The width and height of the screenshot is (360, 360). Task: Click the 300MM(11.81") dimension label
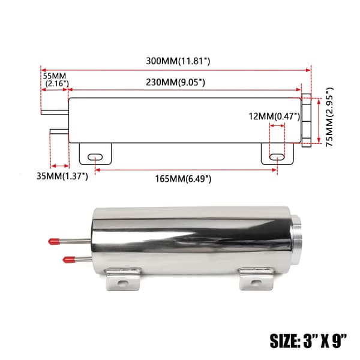[x=178, y=61]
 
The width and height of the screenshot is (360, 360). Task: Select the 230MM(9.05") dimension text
[x=175, y=82]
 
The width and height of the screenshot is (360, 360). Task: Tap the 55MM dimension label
[x=55, y=76]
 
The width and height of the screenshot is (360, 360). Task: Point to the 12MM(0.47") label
[x=274, y=116]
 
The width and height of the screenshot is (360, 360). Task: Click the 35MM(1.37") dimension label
[x=62, y=176]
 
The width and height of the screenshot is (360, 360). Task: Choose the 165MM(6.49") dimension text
[x=183, y=179]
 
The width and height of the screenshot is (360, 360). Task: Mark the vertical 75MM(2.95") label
[x=329, y=117]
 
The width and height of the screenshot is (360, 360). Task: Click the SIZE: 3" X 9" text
[x=308, y=341]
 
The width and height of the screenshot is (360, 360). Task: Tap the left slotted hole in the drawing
[x=95, y=157]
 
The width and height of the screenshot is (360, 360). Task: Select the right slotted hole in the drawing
[x=277, y=157]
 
